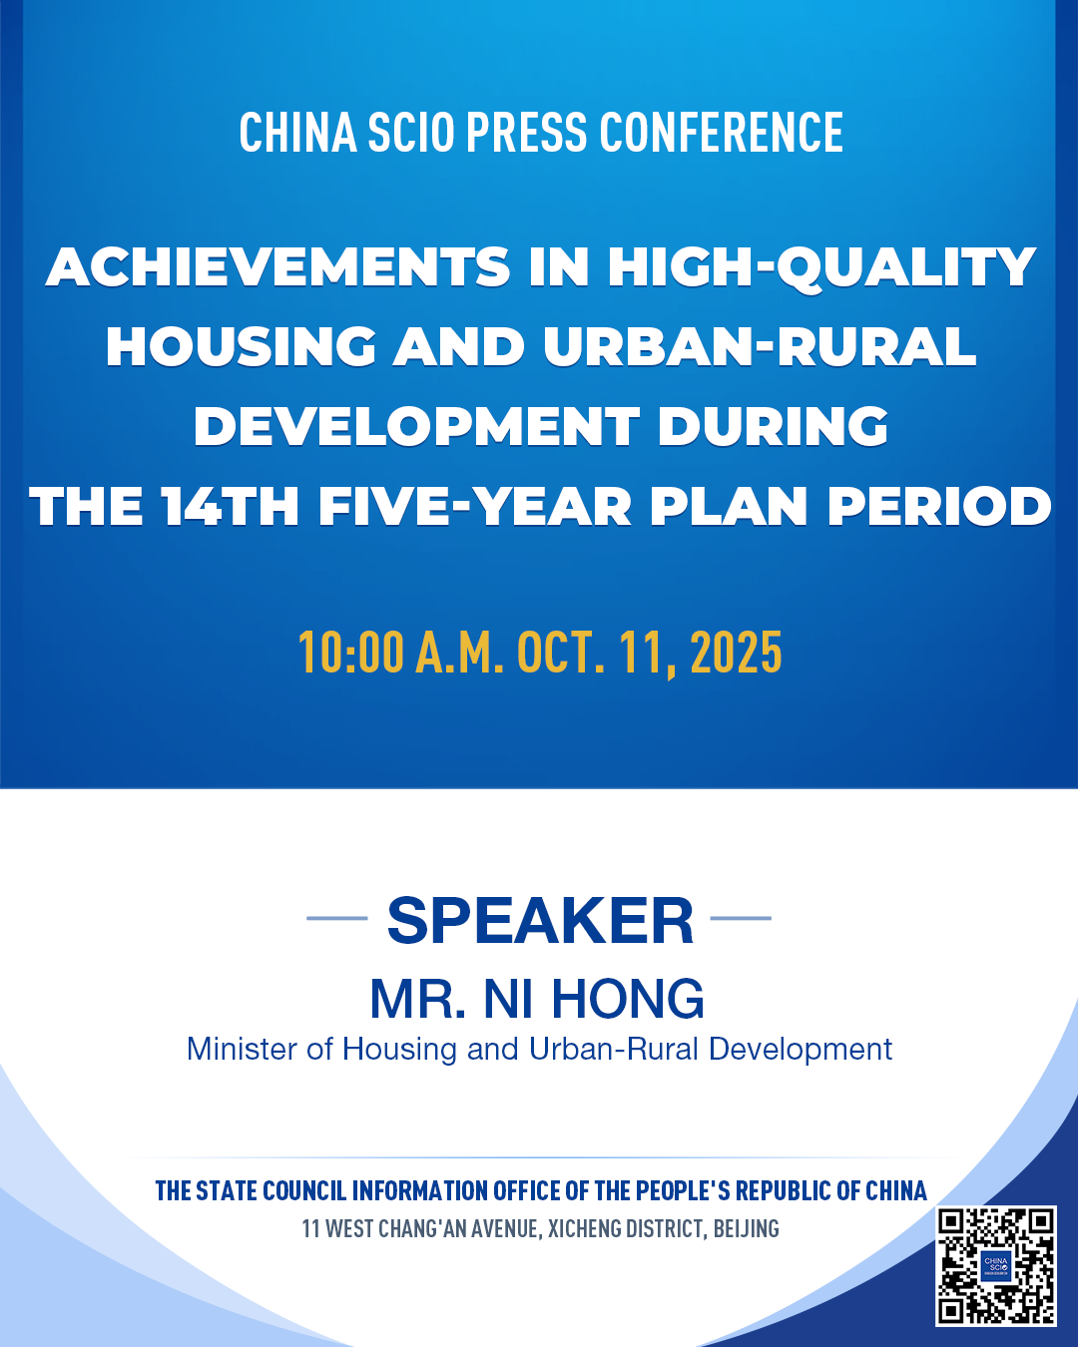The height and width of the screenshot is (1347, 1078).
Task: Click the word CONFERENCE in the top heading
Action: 721,132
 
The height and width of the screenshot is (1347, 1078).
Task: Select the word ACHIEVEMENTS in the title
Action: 278,267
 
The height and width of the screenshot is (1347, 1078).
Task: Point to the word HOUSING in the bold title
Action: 241,347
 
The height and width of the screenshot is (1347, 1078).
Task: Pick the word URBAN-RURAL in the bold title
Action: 760,347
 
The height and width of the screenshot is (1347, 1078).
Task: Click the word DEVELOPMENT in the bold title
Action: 416,426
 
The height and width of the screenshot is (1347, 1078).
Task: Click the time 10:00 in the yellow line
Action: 350,653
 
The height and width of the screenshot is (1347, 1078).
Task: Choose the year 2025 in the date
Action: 736,653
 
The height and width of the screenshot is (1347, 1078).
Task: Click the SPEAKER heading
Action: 540,920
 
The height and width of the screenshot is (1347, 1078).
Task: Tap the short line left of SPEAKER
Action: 337,918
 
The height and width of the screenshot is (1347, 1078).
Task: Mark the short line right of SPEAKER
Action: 741,918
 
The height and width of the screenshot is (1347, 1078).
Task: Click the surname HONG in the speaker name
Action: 628,1000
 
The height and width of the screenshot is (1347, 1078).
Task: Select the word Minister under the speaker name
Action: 241,1049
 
